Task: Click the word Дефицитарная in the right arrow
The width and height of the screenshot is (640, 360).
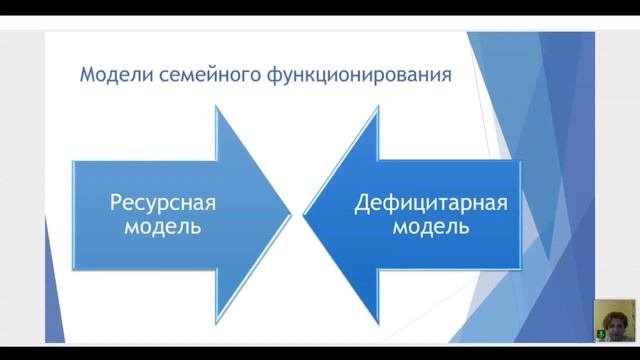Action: tap(430, 203)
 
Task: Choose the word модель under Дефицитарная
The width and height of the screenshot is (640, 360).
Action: tap(430, 227)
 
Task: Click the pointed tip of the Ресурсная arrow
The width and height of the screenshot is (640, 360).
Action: tap(290, 213)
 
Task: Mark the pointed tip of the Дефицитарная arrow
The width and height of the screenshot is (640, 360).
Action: tap(304, 213)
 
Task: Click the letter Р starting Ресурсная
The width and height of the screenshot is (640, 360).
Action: tap(113, 203)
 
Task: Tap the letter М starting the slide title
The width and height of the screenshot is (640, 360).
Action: tap(87, 75)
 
